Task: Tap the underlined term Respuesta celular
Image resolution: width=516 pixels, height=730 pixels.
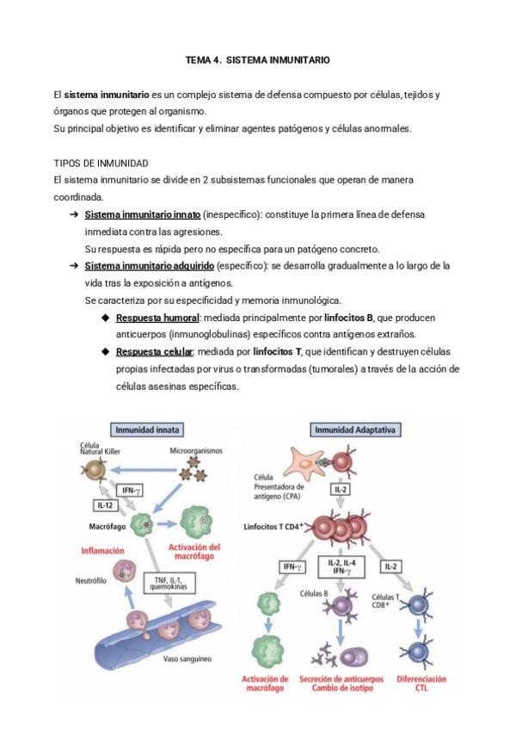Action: coord(156,351)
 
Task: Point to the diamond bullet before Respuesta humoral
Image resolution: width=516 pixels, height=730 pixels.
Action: coord(106,318)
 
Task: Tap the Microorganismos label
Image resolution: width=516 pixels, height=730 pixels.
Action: coord(196,451)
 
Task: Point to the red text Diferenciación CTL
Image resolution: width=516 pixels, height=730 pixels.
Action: coord(421,684)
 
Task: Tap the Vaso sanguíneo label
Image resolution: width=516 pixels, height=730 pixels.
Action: coord(187,660)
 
